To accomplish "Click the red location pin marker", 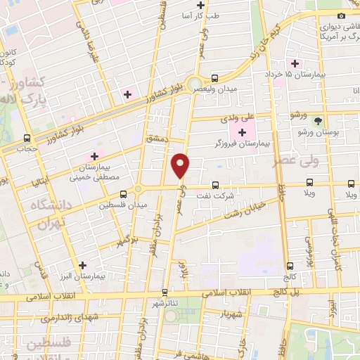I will (181, 165).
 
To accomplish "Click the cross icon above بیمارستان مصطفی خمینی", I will (94, 155).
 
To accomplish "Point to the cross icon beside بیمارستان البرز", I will (84, 266).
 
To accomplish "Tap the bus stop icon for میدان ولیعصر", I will (214, 79).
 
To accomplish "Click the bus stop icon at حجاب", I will (27, 138).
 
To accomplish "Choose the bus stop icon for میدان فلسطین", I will (123, 194).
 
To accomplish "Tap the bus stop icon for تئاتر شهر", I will (165, 292).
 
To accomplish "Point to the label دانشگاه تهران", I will (49, 214).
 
